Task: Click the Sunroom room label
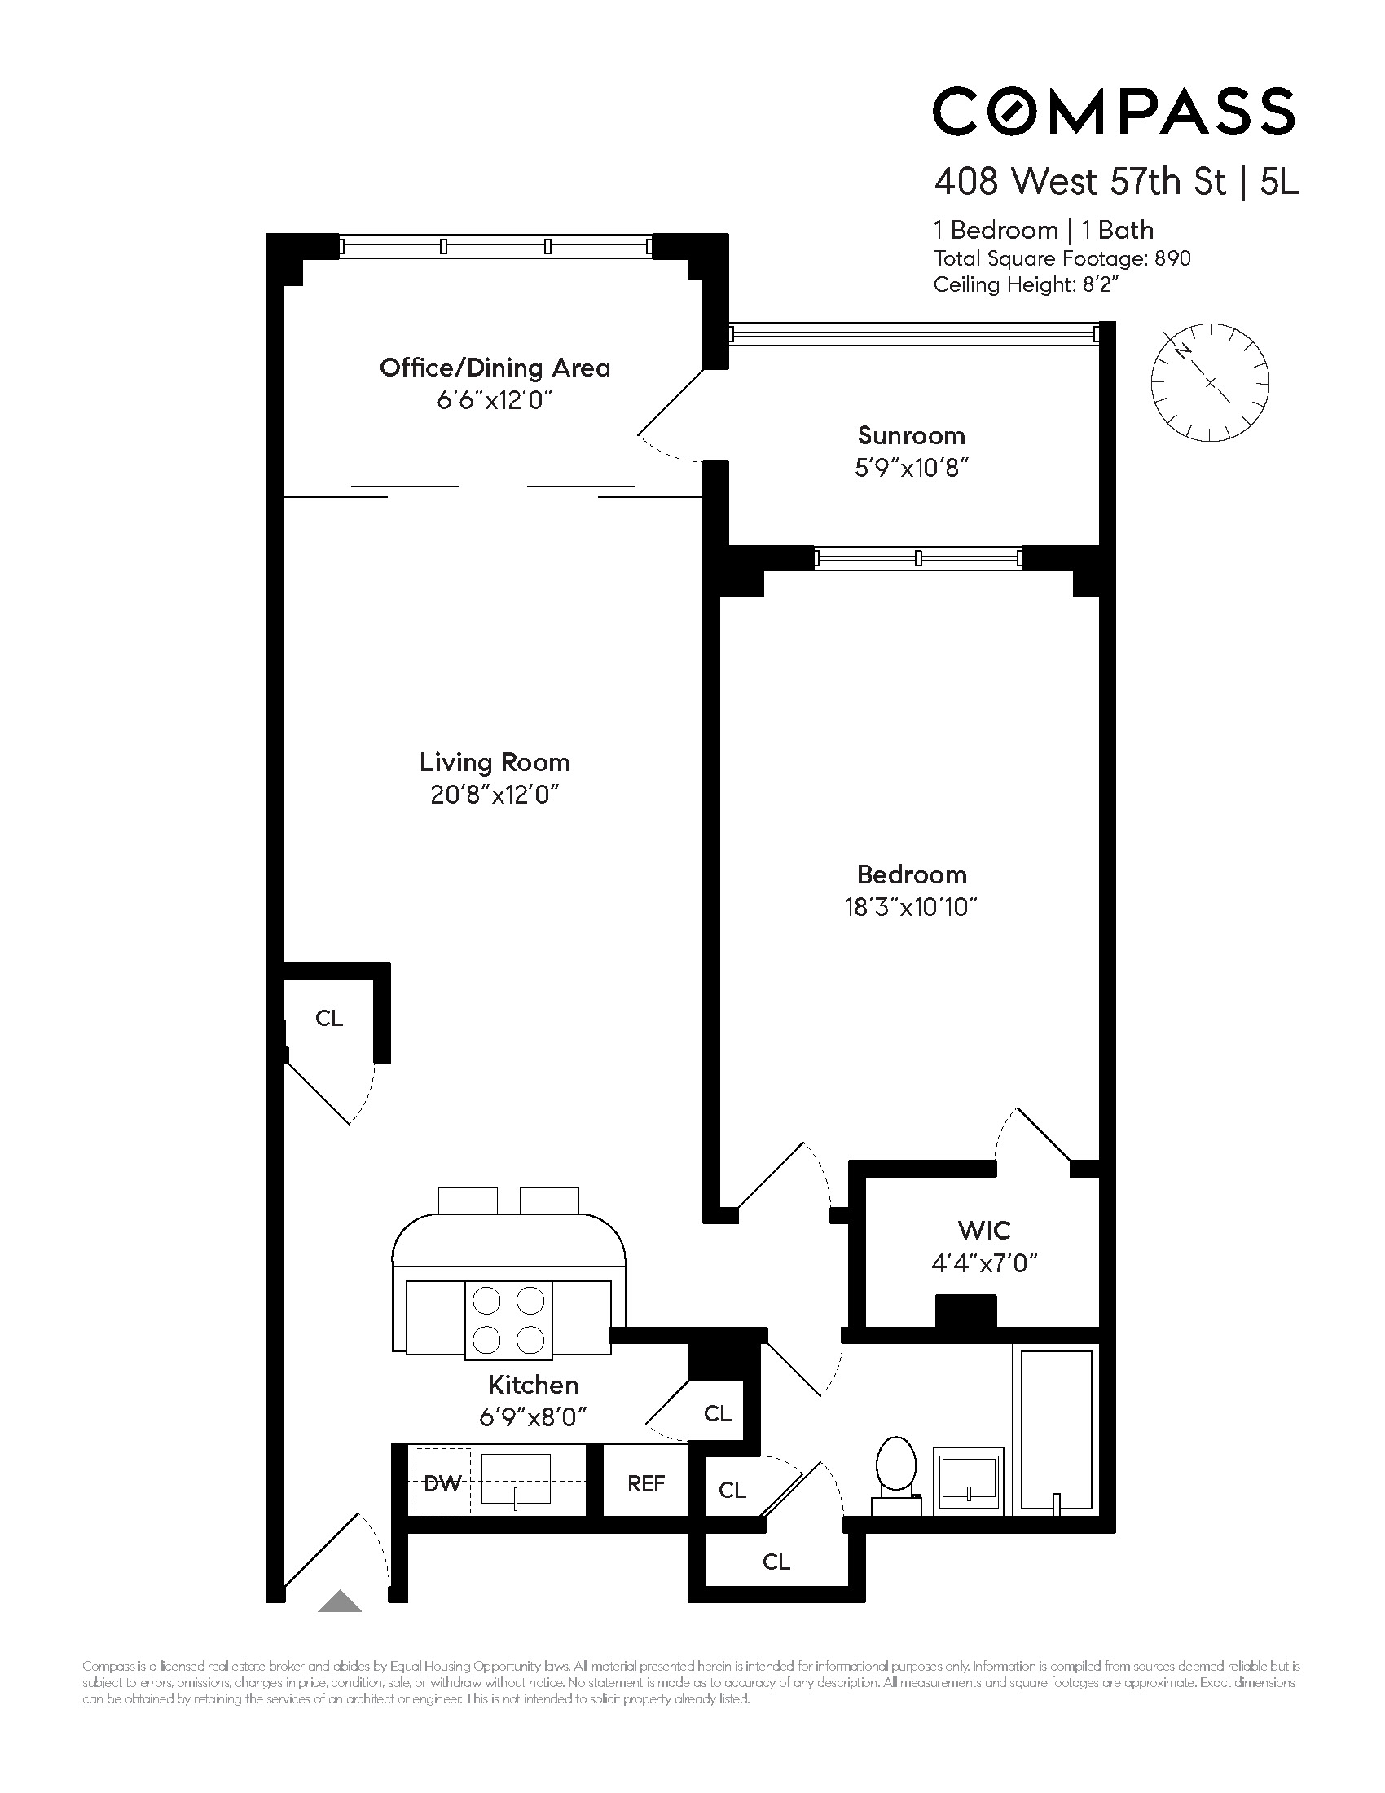(x=911, y=435)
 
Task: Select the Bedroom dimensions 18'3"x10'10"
(x=911, y=907)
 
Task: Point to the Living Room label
(x=494, y=762)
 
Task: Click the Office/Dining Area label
(x=495, y=368)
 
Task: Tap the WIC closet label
(x=984, y=1230)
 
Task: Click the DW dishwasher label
(x=442, y=1483)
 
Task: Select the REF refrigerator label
(x=646, y=1483)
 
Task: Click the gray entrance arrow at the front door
(x=340, y=1601)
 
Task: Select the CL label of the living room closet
(x=328, y=1018)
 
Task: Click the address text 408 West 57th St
(x=1079, y=182)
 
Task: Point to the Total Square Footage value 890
(x=1172, y=258)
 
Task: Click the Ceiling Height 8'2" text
(x=1027, y=285)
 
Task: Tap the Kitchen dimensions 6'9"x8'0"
(x=534, y=1417)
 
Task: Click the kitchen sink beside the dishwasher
(x=515, y=1478)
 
